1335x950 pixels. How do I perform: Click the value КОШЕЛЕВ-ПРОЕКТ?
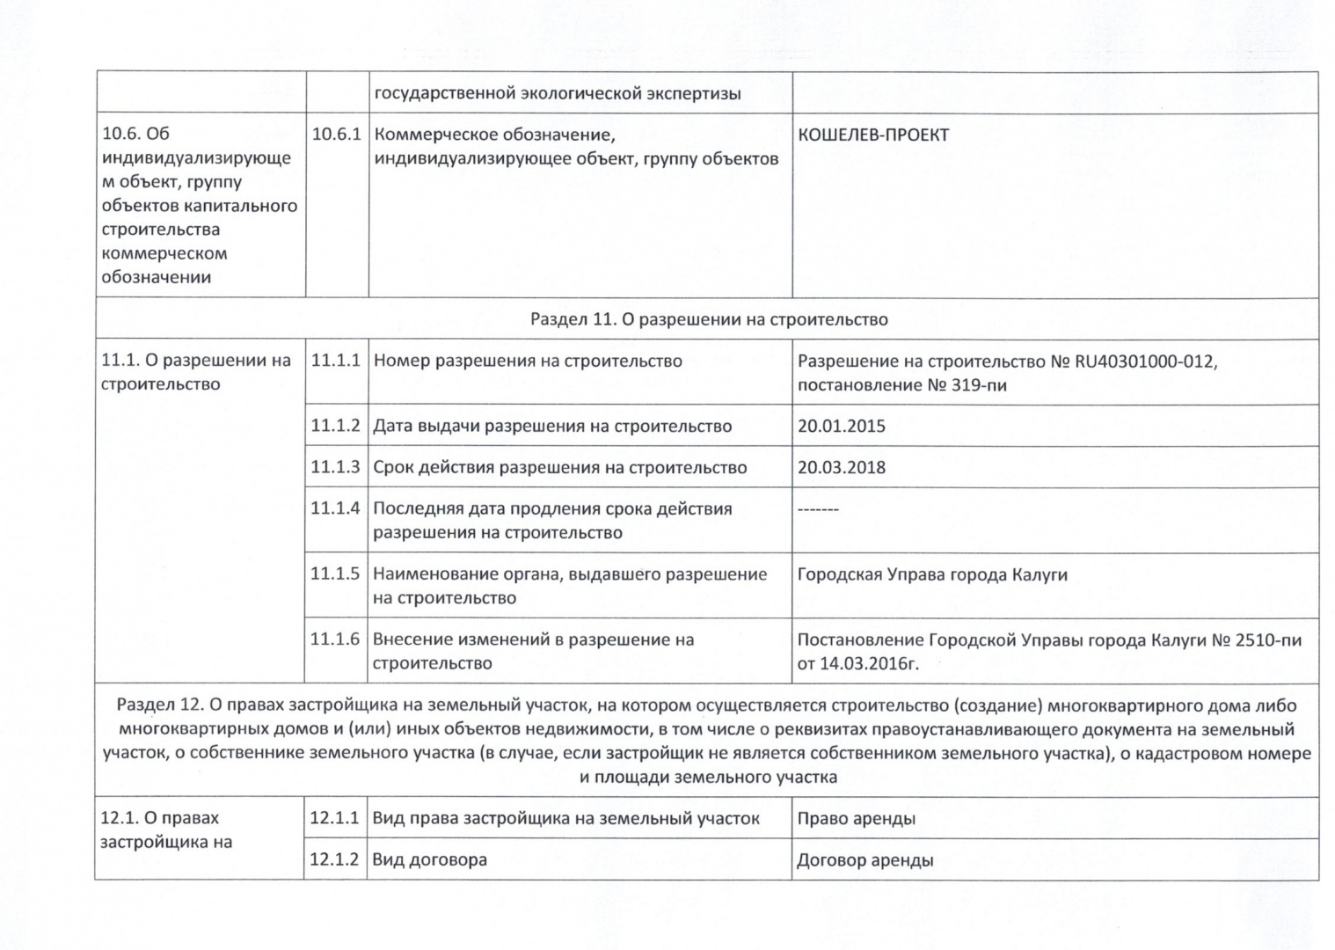[872, 135]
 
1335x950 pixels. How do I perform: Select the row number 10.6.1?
[337, 135]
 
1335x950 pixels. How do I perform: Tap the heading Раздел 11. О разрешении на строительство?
[708, 319]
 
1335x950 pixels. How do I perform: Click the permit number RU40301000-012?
[1145, 362]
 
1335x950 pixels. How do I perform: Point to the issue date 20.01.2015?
[841, 427]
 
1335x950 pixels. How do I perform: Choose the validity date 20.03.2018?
[841, 468]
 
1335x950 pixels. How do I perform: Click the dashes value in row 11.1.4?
[818, 509]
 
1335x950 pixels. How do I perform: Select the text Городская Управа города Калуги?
[931, 575]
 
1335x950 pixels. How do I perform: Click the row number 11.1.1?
[336, 361]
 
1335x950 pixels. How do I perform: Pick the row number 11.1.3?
[335, 467]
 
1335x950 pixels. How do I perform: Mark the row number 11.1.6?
[335, 639]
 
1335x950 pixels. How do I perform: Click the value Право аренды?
[856, 819]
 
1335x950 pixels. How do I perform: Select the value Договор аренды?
[864, 860]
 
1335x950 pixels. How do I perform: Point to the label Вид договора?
[429, 860]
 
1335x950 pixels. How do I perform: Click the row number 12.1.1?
[334, 818]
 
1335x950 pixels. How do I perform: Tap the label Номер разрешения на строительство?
[528, 362]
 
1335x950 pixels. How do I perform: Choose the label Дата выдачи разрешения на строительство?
[552, 427]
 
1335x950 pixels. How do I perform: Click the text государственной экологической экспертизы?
[558, 94]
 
